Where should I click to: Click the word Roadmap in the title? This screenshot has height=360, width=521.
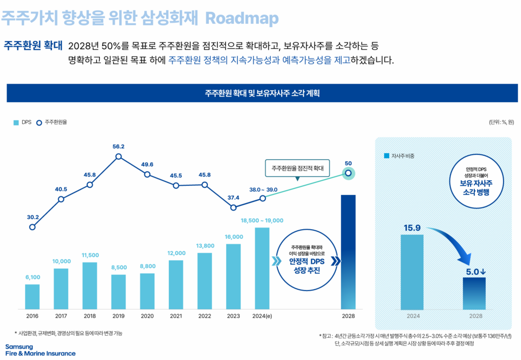(x=242, y=18)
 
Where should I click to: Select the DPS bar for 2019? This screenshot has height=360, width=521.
(x=118, y=292)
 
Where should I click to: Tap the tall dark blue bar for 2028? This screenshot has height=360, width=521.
(x=348, y=252)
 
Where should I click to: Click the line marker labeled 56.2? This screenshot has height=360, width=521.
(x=118, y=157)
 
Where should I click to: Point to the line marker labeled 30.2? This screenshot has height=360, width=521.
(x=33, y=227)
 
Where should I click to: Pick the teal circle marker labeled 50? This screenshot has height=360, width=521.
(x=348, y=173)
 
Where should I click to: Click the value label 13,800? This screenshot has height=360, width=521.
(x=205, y=246)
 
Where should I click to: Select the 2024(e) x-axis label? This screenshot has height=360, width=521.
(x=262, y=316)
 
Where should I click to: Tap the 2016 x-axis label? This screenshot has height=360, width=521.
(x=32, y=316)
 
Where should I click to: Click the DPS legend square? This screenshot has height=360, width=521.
(x=16, y=122)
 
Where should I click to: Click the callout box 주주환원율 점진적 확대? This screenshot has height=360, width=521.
(x=297, y=168)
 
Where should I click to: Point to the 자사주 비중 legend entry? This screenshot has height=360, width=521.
(x=399, y=156)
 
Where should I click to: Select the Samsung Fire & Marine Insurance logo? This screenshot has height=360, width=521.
(x=40, y=350)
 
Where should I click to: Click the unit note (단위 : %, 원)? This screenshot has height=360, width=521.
(x=501, y=122)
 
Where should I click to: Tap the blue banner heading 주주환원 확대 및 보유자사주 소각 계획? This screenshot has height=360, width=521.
(x=262, y=93)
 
